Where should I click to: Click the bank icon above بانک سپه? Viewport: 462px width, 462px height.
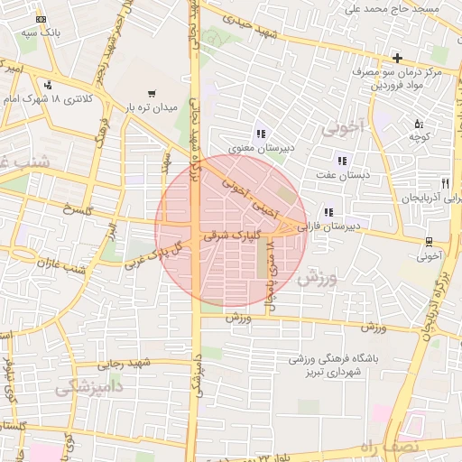click(x=41, y=19)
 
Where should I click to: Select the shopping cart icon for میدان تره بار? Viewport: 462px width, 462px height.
click(x=151, y=93)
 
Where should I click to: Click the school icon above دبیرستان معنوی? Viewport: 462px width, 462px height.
click(x=261, y=134)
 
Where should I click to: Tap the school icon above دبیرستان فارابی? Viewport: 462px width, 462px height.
click(x=327, y=212)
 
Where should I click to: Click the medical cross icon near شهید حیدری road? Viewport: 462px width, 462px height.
click(x=397, y=58)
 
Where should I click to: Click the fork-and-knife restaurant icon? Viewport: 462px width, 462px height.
click(x=444, y=183)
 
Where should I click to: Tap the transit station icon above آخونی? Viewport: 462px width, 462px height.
click(x=428, y=241)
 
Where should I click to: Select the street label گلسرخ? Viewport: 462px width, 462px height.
click(x=78, y=212)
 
